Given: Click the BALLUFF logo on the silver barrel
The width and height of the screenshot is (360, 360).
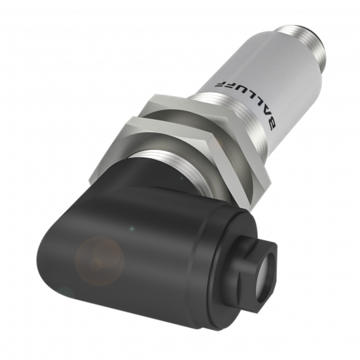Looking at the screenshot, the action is (246, 105).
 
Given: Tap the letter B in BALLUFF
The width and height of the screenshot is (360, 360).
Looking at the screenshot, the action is (272, 125).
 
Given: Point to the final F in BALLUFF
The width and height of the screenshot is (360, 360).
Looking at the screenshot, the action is (219, 84).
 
